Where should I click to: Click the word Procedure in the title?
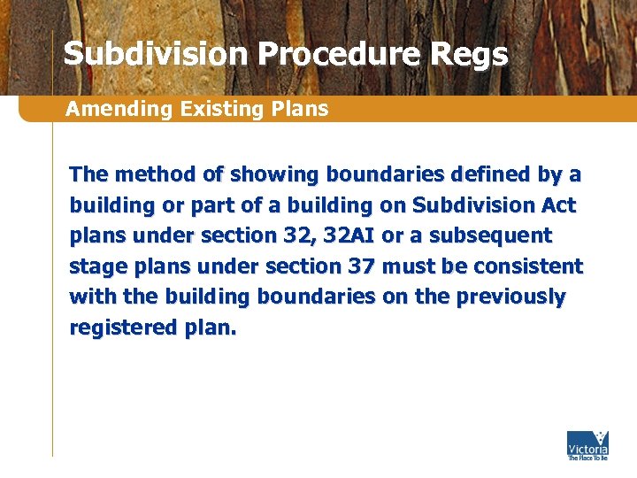click(339, 55)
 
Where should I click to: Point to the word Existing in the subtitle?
click(213, 110)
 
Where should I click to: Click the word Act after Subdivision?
click(558, 205)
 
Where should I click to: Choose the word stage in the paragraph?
click(97, 266)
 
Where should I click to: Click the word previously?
click(510, 297)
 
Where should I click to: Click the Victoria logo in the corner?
click(587, 444)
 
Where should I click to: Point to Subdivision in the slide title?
click(156, 55)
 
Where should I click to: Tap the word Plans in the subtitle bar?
click(302, 110)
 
